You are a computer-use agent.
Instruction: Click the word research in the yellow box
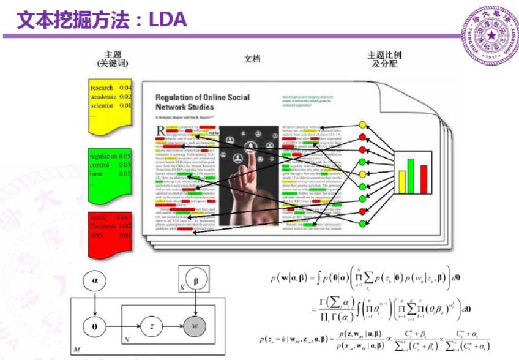[102, 88]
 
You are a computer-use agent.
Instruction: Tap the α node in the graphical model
[95, 280]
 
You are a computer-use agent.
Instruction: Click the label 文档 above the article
[252, 59]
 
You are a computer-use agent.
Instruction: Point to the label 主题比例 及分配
[384, 59]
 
